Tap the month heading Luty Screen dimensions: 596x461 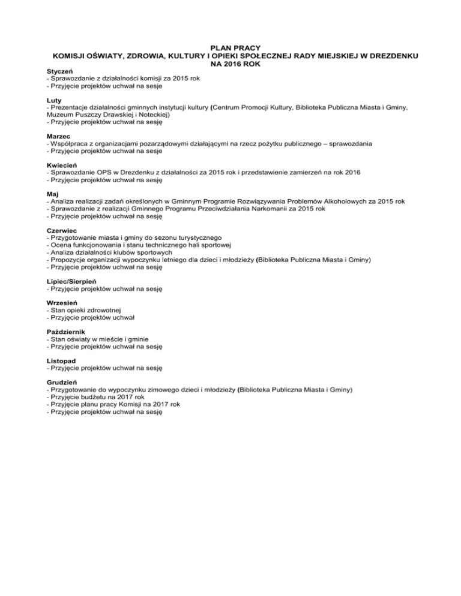coord(53,100)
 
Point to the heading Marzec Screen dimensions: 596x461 coord(59,136)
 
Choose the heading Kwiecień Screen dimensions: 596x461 coord(62,165)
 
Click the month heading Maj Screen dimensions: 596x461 coord(52,194)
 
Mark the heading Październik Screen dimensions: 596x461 coord(67,332)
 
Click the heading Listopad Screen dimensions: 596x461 coord(61,360)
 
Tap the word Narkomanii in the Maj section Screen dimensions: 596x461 coord(271,209)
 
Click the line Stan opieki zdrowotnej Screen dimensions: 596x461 coord(83,310)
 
